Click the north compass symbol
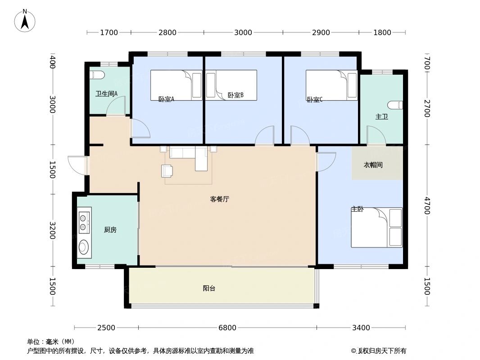click(25, 20)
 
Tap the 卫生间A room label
click(106, 94)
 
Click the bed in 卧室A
click(176, 85)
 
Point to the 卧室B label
click(235, 95)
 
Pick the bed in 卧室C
click(331, 85)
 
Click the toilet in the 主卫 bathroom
click(396, 105)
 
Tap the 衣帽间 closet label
click(373, 165)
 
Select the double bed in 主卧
click(377, 227)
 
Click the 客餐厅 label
click(220, 199)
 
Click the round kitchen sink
click(84, 247)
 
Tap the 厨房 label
click(110, 230)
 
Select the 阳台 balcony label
click(209, 288)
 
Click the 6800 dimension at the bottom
click(227, 328)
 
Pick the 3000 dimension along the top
click(243, 32)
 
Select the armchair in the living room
click(167, 171)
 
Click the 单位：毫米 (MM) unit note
click(51, 342)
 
